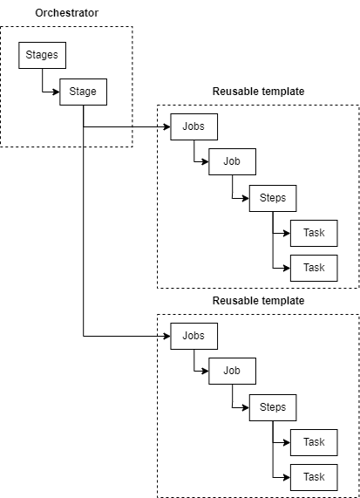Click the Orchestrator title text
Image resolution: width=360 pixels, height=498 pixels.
66,13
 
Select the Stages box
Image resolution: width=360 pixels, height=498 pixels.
42,55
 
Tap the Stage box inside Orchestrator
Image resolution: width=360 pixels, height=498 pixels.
83,92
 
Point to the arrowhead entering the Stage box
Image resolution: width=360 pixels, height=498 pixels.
56,92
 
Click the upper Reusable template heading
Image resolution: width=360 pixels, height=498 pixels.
258,92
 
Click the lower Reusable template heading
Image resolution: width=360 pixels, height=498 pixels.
258,300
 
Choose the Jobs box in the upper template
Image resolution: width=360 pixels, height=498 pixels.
194,126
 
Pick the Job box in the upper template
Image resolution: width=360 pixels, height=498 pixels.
232,161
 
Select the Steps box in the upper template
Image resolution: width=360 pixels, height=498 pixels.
273,198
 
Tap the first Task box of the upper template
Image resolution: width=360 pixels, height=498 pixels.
314,233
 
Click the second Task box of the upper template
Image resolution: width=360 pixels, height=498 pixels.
314,268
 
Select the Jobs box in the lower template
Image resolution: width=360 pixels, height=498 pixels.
194,336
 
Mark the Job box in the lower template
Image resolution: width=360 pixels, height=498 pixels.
232,371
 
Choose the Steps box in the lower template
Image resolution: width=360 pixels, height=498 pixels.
273,407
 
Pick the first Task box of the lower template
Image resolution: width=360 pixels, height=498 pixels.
314,442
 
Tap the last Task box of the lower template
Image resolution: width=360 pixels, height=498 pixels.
314,477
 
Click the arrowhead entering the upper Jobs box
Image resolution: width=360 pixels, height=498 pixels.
167,126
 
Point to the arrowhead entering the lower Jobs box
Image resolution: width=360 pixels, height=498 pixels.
167,336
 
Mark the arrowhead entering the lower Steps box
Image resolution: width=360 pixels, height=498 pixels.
246,407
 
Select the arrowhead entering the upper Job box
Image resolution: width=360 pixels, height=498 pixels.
205,161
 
